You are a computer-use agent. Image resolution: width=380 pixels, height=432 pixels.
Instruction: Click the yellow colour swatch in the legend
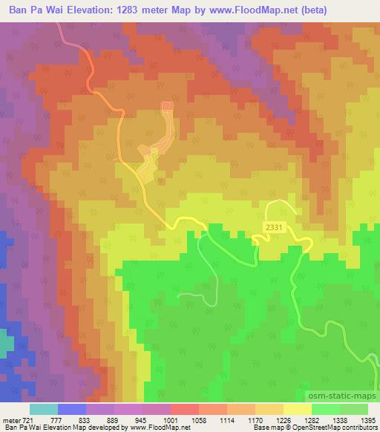click(x=297, y=409)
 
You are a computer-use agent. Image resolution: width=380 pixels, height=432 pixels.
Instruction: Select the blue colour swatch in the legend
click(x=72, y=409)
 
